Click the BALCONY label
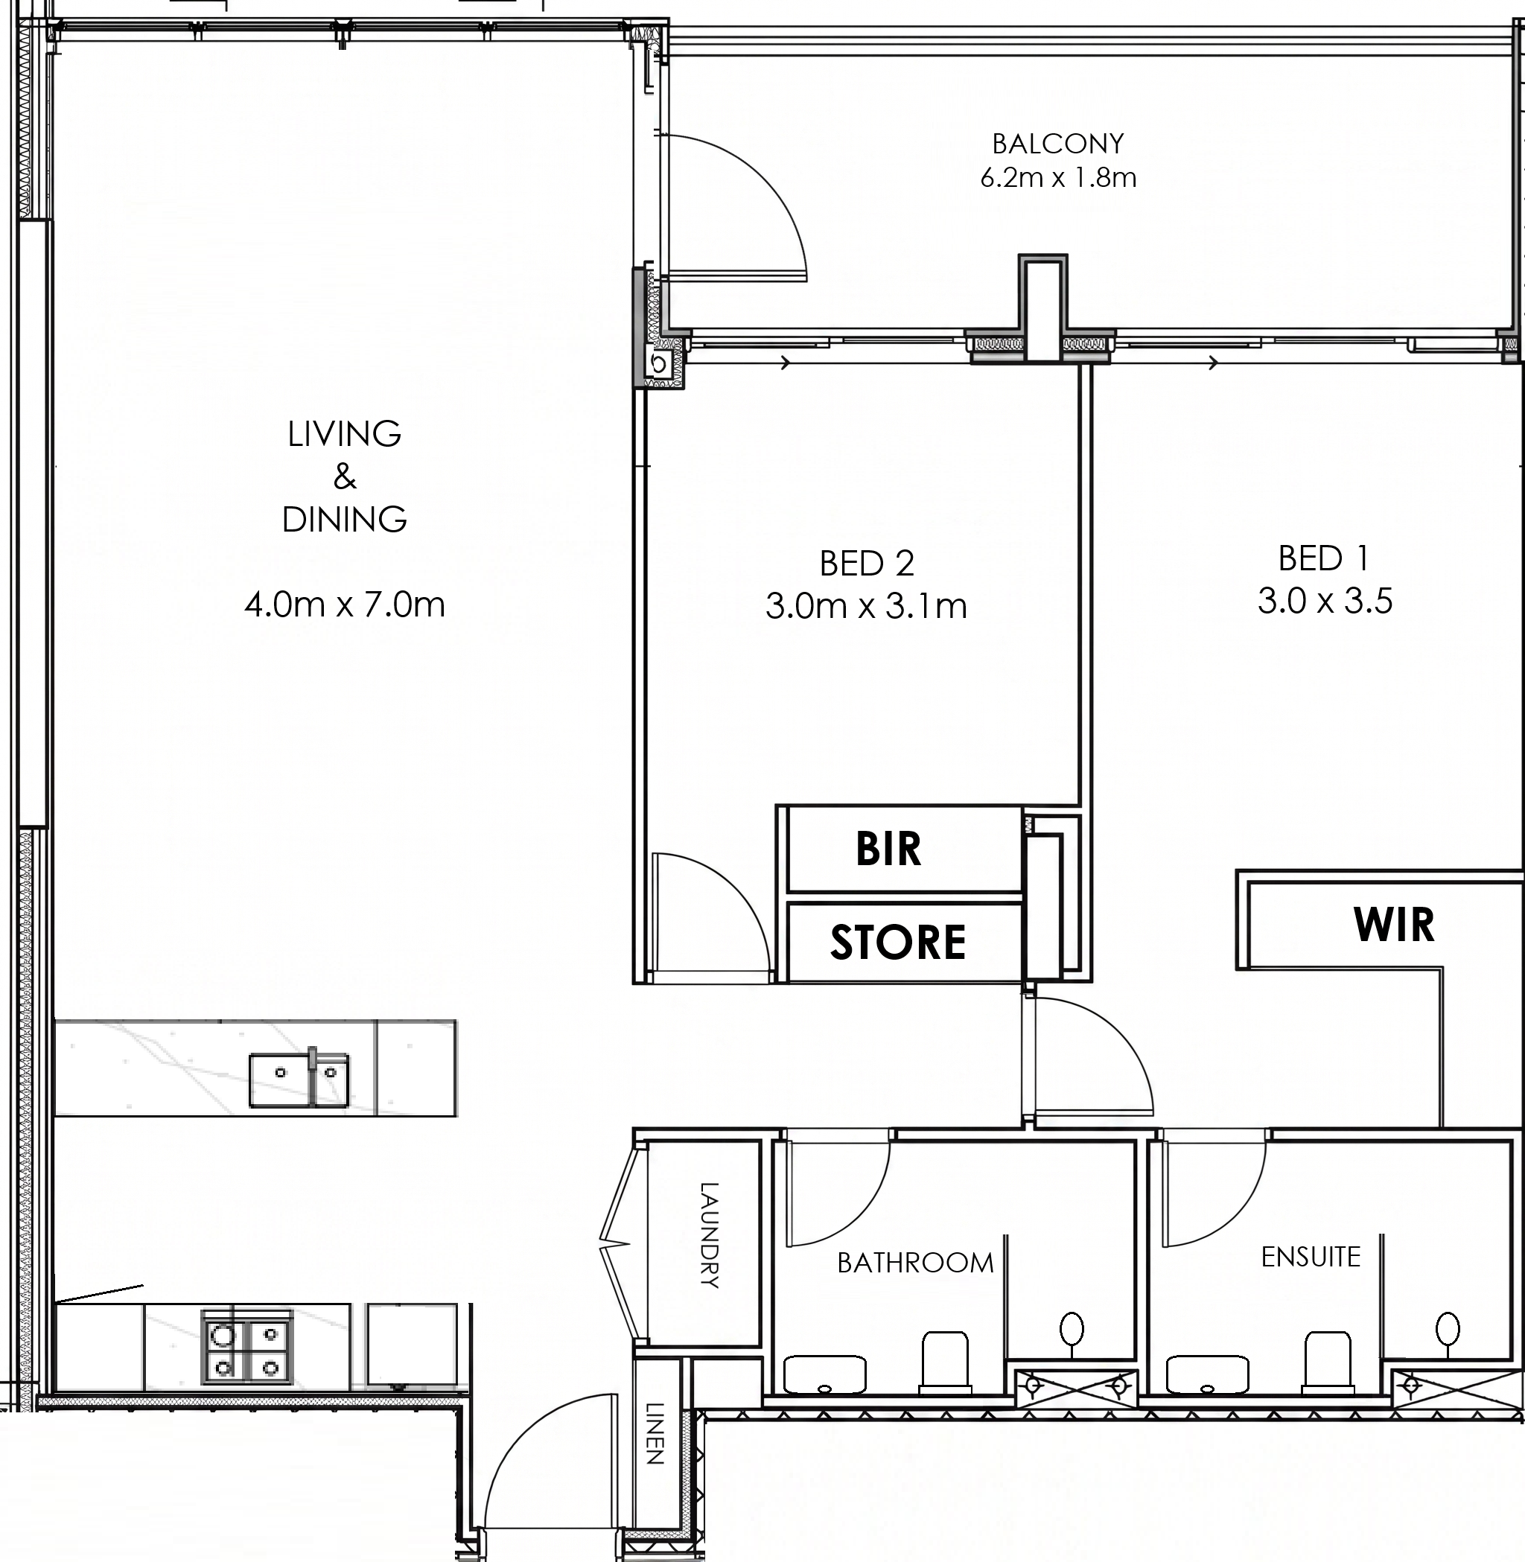1058,144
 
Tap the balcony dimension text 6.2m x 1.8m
1058,177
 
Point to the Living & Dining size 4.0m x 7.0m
345,604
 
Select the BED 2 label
867,564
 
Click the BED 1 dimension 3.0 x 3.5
1325,601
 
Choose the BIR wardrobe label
888,849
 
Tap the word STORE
898,942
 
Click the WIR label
1394,925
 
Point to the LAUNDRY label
710,1235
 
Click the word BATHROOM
915,1263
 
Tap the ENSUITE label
1311,1257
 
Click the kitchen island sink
299,1080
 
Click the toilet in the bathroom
945,1361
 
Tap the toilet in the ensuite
1328,1361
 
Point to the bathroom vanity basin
824,1374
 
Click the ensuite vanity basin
1207,1374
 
